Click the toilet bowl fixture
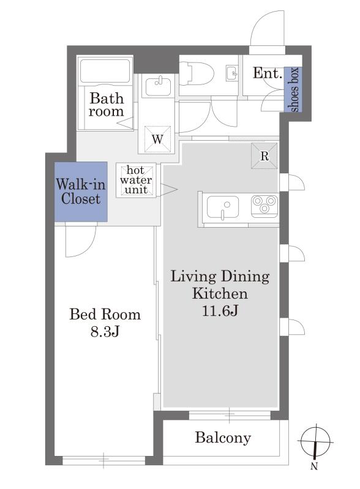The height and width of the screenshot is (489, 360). click(198, 73)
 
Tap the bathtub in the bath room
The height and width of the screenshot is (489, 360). click(105, 71)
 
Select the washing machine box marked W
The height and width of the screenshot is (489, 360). click(157, 140)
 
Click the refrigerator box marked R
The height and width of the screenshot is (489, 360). click(264, 156)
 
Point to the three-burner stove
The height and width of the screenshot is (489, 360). click(264, 206)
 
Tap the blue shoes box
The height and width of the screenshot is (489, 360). click(293, 89)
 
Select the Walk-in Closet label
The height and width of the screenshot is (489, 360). click(81, 192)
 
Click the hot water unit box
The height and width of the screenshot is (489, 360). click(136, 181)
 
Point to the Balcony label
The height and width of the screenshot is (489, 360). click(223, 438)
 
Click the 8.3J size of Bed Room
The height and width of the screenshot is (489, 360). click(105, 332)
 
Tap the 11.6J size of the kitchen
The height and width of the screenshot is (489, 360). click(220, 311)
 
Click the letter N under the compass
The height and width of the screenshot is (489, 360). click(315, 466)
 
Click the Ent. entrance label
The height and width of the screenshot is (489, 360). click(268, 73)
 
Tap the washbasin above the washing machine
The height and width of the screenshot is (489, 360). click(158, 86)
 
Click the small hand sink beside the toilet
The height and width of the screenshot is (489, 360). click(231, 73)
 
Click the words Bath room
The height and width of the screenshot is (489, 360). click(106, 105)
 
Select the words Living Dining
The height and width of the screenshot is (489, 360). click(220, 277)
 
